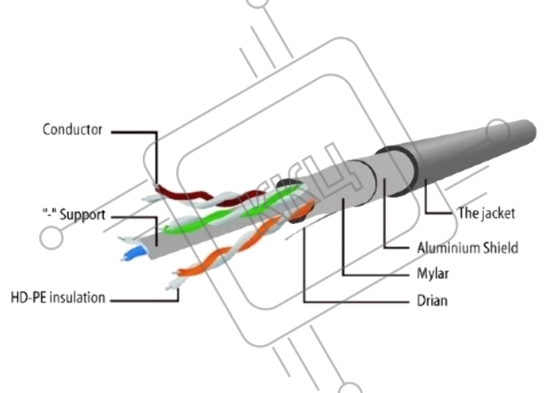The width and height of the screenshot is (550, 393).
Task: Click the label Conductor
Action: pos(72,130)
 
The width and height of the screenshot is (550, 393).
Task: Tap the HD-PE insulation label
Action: pos(57,299)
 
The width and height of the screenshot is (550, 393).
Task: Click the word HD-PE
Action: pos(27,299)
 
